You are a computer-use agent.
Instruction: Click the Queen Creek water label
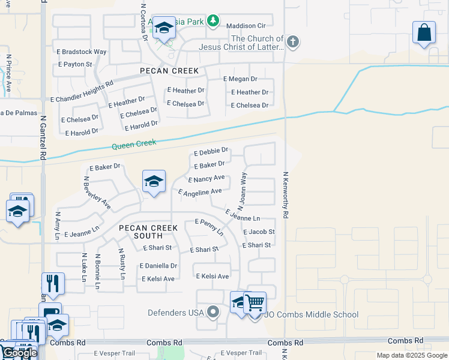(134, 144)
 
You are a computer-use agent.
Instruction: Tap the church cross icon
(292, 41)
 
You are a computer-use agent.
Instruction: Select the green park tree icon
(212, 22)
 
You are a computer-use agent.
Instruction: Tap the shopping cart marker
(255, 302)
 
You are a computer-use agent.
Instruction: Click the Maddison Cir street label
(246, 26)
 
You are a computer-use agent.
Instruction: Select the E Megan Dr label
(240, 79)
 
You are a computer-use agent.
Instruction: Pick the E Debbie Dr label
(211, 151)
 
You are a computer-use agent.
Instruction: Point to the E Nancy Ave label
(206, 179)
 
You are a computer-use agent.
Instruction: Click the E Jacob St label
(259, 232)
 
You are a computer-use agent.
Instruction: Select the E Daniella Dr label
(158, 265)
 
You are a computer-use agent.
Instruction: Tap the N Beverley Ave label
(97, 193)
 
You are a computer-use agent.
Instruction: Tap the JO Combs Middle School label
(312, 314)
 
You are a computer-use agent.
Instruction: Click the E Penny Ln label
(209, 227)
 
